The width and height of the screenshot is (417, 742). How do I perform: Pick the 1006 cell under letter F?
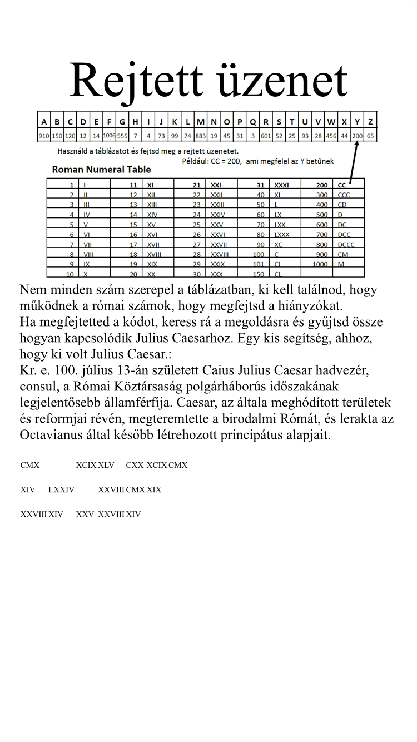coord(109,135)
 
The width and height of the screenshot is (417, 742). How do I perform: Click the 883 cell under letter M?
coord(200,136)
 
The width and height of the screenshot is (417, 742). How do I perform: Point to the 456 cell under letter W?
coord(331,136)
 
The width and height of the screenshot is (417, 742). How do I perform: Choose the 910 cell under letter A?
coord(44,136)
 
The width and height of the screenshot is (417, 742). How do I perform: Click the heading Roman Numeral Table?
coord(101,169)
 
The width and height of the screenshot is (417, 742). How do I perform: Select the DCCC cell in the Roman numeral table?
coord(346,244)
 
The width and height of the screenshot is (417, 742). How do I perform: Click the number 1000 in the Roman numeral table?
coord(320,264)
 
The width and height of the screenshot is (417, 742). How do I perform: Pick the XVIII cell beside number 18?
coord(154,254)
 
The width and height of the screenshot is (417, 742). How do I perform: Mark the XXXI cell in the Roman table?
coord(282,185)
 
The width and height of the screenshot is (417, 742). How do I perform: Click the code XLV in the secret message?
coord(106,465)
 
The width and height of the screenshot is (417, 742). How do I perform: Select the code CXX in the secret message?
coord(135,465)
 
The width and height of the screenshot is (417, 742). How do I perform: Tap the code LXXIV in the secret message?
coord(61,489)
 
